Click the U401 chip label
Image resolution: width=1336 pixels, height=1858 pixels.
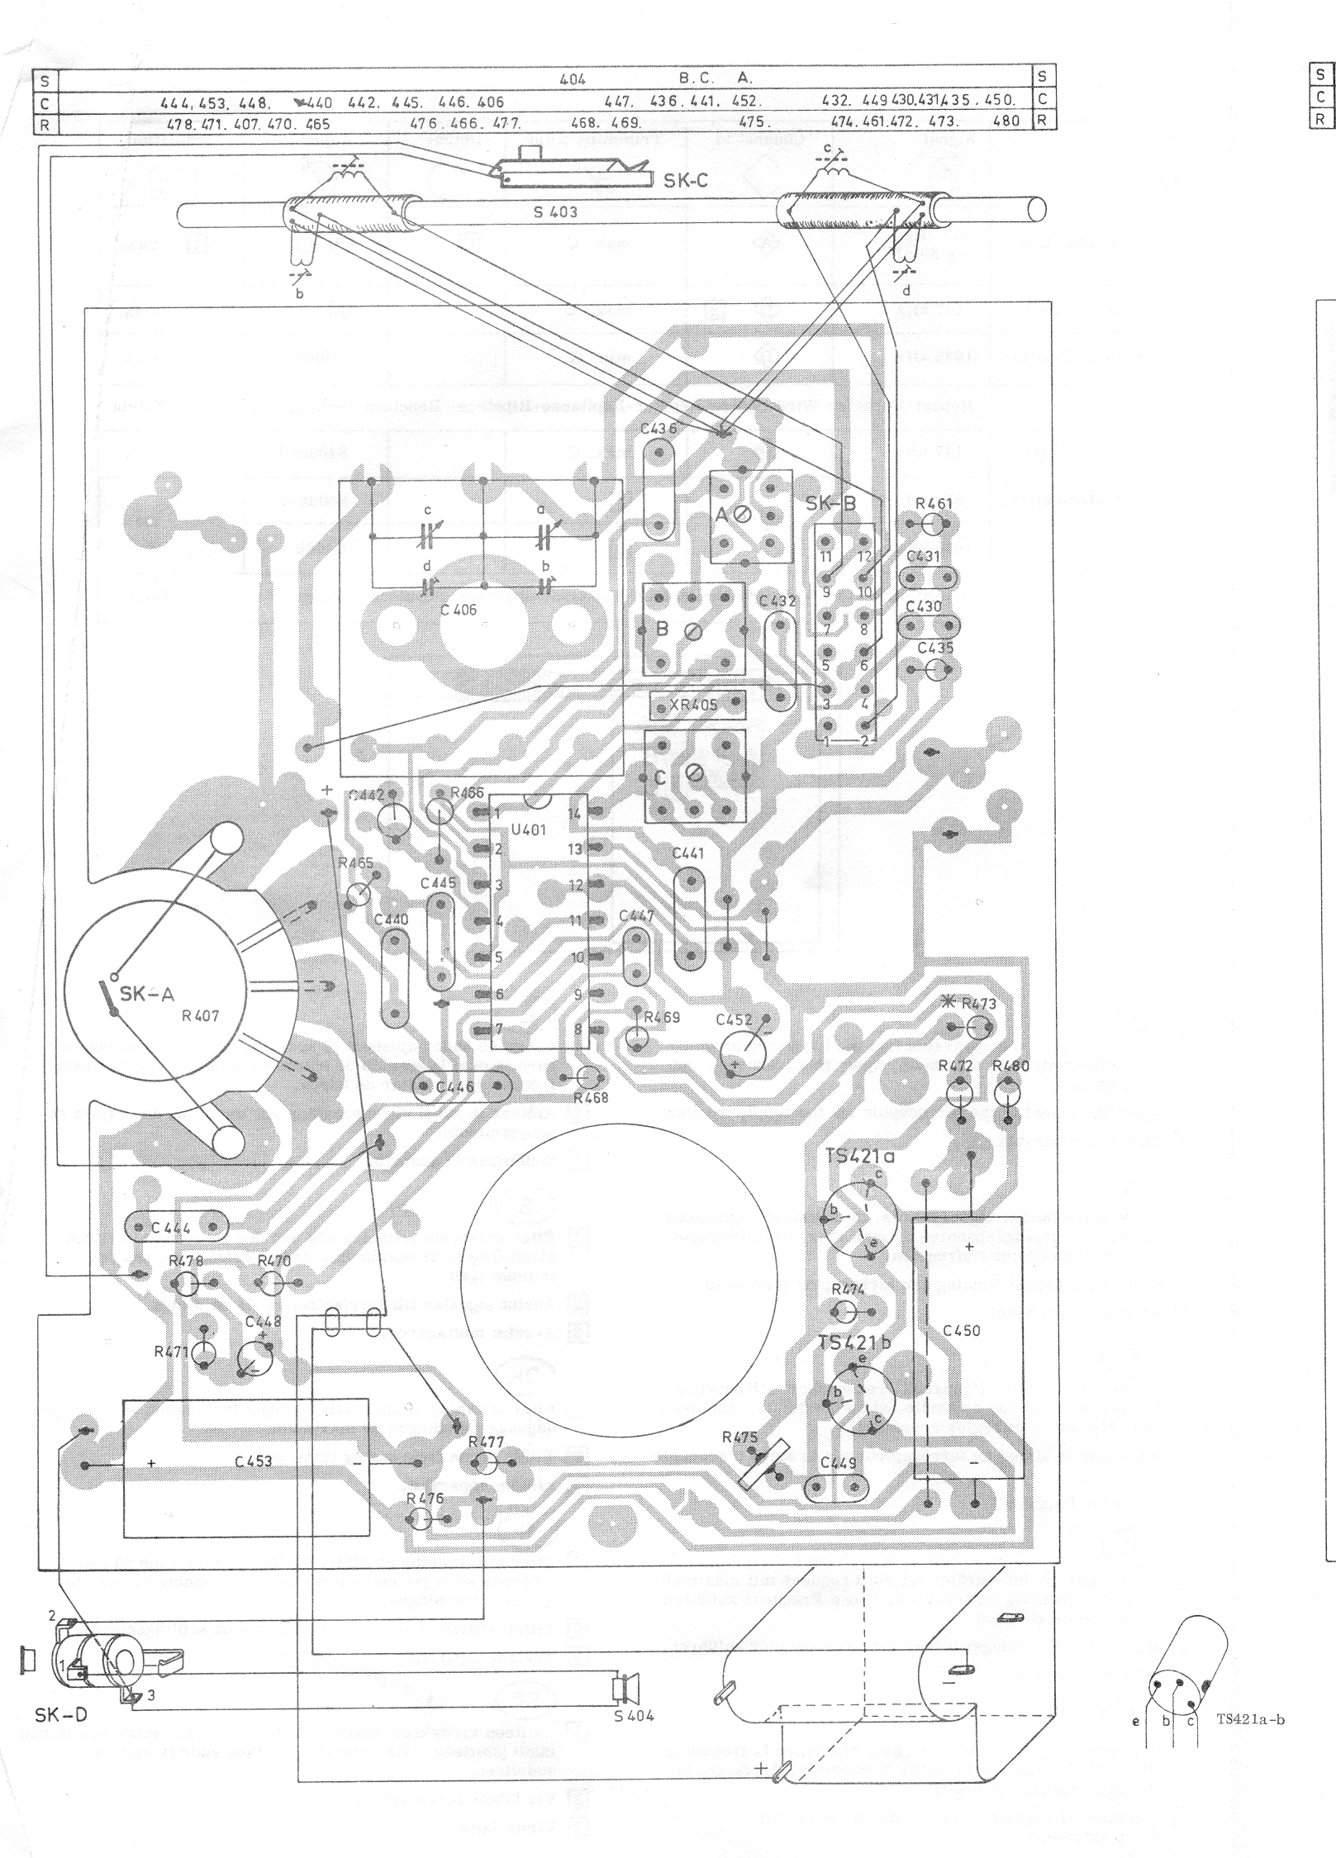[x=529, y=829]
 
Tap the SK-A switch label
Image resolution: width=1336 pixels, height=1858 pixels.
[x=146, y=994]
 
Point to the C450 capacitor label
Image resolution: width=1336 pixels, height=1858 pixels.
[x=961, y=1331]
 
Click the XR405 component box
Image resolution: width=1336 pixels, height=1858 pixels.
[x=697, y=706]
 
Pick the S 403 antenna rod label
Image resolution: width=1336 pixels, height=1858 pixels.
[x=554, y=211]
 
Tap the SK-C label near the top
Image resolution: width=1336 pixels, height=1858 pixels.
[x=685, y=180]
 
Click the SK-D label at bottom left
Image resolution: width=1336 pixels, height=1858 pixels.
[x=60, y=1716]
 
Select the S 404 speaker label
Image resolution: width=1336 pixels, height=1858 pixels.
[x=634, y=1715]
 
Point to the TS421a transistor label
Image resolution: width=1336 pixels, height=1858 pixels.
[x=860, y=1156]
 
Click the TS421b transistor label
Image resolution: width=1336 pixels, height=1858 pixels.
[x=854, y=1342]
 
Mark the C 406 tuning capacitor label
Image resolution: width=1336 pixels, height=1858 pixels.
[x=458, y=611]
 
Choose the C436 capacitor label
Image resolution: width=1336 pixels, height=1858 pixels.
[x=658, y=428]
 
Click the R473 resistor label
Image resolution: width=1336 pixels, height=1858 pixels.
[x=978, y=1004]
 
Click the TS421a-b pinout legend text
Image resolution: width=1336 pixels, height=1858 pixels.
[x=1250, y=1721]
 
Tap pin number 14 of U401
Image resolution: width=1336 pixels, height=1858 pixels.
[x=574, y=813]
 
